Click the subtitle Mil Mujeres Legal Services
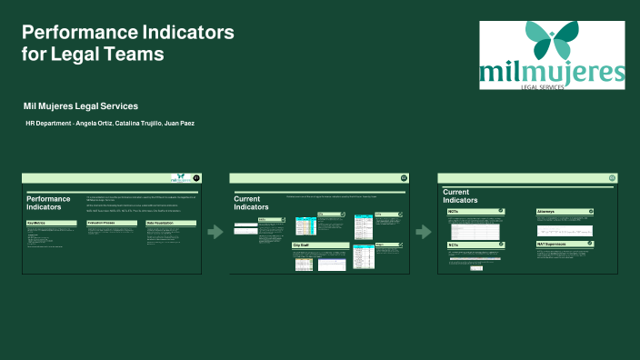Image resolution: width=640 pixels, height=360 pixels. pyautogui.click(x=81, y=105)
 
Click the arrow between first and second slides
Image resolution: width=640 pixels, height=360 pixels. pyautogui.click(x=215, y=232)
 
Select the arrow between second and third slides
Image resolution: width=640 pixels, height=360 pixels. pyautogui.click(x=423, y=232)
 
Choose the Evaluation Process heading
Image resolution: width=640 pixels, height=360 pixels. pyautogui.click(x=102, y=223)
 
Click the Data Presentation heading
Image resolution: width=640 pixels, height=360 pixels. pyautogui.click(x=162, y=223)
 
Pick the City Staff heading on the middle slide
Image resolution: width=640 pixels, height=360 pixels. pyautogui.click(x=302, y=245)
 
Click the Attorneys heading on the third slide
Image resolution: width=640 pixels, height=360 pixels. pyautogui.click(x=548, y=211)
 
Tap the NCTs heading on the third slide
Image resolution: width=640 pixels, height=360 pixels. pyautogui.click(x=454, y=245)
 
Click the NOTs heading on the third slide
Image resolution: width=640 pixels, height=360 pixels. pyautogui.click(x=454, y=211)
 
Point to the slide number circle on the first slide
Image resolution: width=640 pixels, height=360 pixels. pyautogui.click(x=197, y=178)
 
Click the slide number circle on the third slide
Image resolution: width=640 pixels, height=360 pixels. pyautogui.click(x=613, y=178)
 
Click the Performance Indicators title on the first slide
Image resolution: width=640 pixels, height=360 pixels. pyautogui.click(x=48, y=203)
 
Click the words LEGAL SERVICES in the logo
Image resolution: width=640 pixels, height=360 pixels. pyautogui.click(x=552, y=87)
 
